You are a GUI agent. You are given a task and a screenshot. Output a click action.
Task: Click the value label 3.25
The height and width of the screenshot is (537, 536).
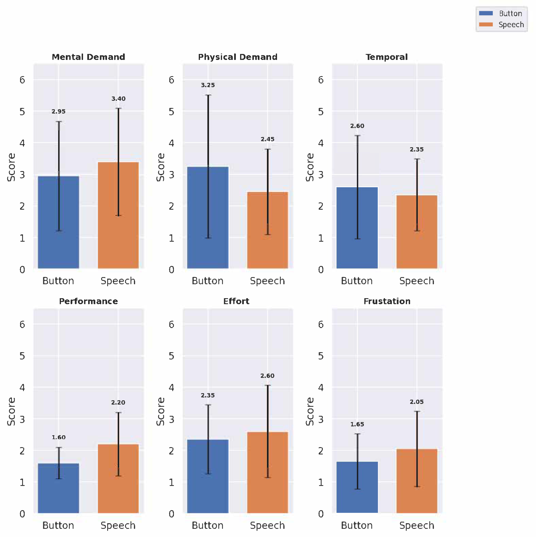pos(208,85)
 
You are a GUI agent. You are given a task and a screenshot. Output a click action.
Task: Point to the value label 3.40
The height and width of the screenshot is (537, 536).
pos(118,99)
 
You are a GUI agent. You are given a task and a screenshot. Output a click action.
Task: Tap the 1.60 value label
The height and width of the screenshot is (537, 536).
pos(59,437)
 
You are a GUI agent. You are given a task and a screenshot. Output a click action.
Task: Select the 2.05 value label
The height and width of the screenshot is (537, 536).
pos(417,402)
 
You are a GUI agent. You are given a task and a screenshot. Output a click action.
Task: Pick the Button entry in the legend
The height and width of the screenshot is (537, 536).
pos(510,13)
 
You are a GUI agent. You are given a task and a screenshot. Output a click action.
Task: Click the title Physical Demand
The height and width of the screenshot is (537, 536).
pos(238,57)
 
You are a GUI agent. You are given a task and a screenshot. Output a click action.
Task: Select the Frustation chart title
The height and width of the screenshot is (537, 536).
pos(387,301)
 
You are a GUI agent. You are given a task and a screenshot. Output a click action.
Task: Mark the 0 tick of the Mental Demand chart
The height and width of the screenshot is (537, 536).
pos(22,270)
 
